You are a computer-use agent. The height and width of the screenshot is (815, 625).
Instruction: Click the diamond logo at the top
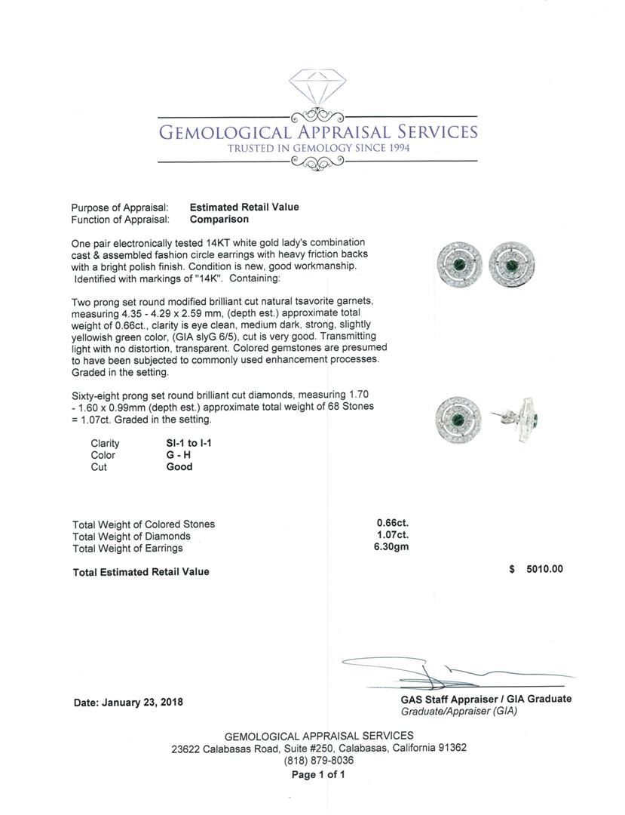[317, 91]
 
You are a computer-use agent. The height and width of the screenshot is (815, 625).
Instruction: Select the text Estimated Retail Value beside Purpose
[244, 208]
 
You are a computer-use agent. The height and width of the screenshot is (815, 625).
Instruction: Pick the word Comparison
[219, 220]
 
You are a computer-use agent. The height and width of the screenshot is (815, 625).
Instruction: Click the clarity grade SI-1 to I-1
[188, 444]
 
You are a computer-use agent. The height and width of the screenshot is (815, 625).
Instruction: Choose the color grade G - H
[179, 455]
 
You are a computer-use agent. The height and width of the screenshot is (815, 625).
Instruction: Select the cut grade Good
[179, 467]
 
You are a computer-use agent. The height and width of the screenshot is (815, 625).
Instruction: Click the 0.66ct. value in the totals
[393, 523]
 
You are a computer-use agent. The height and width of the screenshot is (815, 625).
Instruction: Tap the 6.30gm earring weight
[391, 547]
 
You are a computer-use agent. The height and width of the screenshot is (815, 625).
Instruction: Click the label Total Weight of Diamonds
[131, 537]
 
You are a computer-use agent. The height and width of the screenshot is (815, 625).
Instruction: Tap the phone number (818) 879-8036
[318, 761]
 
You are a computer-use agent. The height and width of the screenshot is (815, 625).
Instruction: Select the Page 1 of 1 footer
[318, 775]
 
